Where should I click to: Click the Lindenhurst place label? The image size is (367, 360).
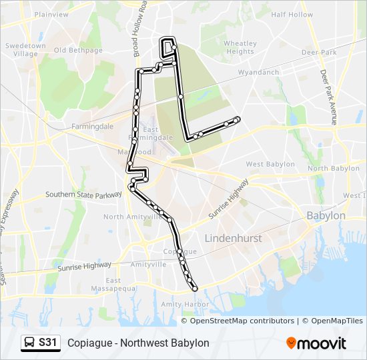[x=233, y=238]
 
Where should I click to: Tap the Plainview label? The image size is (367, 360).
[x=51, y=14]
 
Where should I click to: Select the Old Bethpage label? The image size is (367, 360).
[x=78, y=50]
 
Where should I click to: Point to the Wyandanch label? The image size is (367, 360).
[x=258, y=71]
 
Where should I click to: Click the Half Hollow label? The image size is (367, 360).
[x=292, y=15]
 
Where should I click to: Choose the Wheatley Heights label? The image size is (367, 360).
[x=240, y=47]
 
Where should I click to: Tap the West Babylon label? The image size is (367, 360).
[x=270, y=164]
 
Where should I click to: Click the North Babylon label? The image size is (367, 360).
[x=333, y=169]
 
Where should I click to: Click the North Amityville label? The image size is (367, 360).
[x=131, y=217]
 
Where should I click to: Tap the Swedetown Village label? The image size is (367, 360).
[x=26, y=50]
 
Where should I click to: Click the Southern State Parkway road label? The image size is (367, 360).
[x=81, y=195]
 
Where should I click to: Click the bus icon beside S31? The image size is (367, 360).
[x=30, y=343]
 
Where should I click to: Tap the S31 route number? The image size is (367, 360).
[x=48, y=343]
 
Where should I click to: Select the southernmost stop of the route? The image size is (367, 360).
[x=195, y=289]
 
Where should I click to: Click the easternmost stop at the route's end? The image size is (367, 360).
[x=237, y=119]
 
